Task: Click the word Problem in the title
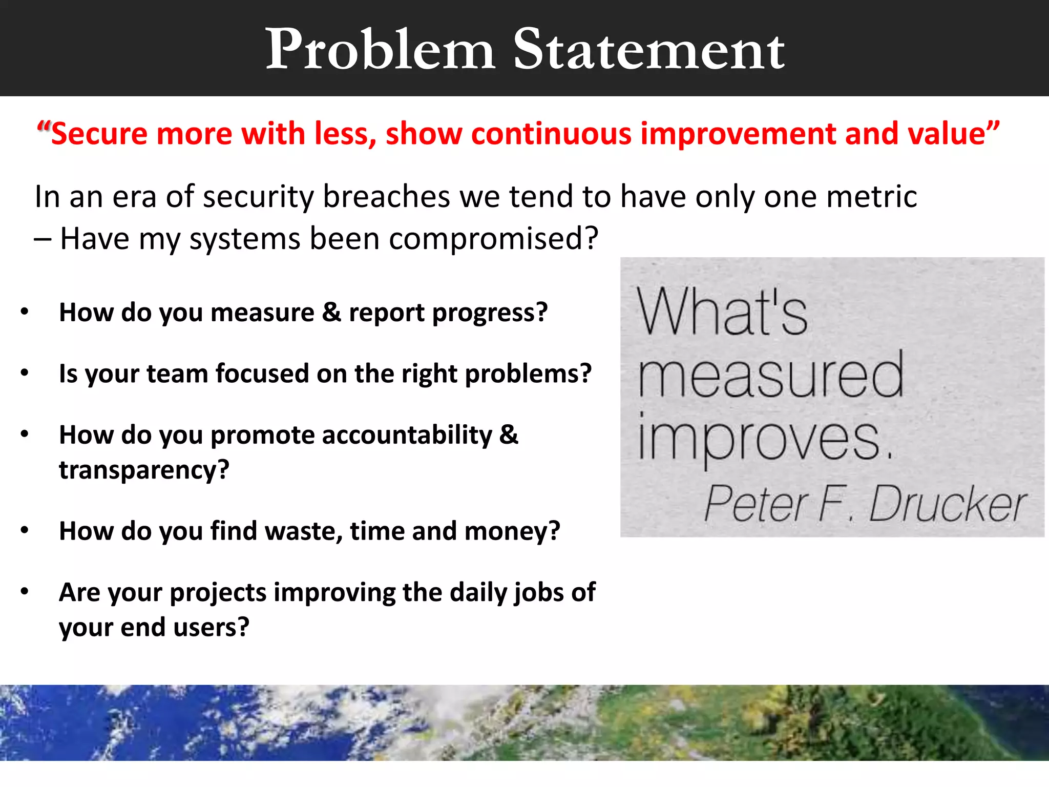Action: (x=380, y=49)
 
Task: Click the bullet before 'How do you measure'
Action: (x=24, y=312)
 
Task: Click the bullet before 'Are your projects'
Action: (x=24, y=592)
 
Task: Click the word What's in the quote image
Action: (x=722, y=312)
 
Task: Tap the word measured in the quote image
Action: (x=771, y=377)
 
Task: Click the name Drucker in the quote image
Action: (x=948, y=505)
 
